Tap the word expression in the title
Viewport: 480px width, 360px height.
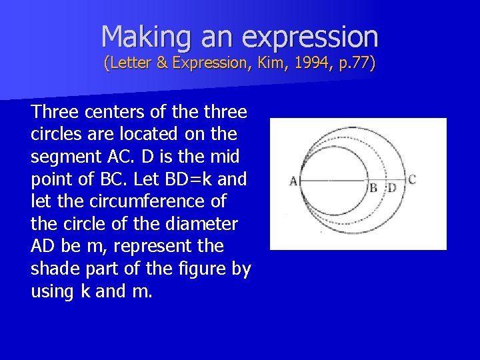(x=310, y=36)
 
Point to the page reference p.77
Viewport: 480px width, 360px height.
(x=353, y=64)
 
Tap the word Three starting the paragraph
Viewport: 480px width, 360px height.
(x=55, y=111)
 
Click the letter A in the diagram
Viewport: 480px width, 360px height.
(x=293, y=181)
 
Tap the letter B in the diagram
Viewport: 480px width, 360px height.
(x=373, y=187)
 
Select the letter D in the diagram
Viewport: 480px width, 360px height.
(x=392, y=187)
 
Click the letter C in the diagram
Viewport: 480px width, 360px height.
(x=412, y=179)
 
